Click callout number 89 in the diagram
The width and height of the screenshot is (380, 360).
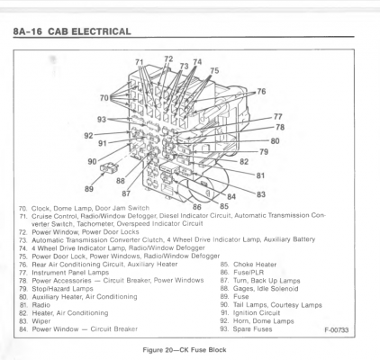[x=89, y=189]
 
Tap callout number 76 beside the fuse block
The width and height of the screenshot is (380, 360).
[x=261, y=91]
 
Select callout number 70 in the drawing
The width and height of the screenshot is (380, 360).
[x=104, y=98]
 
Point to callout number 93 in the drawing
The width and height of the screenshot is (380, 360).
[x=102, y=120]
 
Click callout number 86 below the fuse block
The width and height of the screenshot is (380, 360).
[x=197, y=207]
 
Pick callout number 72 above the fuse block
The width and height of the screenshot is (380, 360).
[x=168, y=58]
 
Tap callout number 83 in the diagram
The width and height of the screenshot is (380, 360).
[x=261, y=194]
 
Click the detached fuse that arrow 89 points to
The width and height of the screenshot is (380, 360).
[x=109, y=166]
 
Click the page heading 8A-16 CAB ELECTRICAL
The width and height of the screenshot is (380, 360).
[x=72, y=31]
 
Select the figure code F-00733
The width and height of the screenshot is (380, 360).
[x=337, y=330]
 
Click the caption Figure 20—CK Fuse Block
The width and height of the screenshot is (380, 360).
[x=185, y=350]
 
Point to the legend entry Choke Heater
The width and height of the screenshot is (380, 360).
[x=255, y=265]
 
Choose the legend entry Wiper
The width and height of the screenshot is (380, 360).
[x=41, y=321]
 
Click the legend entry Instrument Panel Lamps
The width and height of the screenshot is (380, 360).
[x=70, y=273]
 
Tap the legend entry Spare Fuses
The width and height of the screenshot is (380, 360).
[x=252, y=329]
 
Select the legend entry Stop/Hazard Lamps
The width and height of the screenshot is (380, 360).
[x=62, y=289]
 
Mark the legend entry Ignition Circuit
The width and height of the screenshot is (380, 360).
[x=257, y=313]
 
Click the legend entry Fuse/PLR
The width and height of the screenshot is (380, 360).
[x=249, y=273]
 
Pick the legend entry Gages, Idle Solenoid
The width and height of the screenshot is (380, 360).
[x=266, y=289]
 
